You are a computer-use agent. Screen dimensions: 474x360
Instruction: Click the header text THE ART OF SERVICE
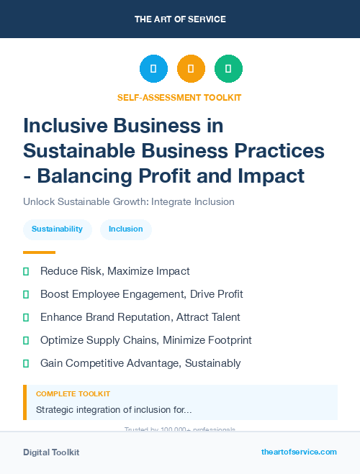tap(180, 19)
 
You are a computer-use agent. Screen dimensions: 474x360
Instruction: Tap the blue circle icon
tap(153, 68)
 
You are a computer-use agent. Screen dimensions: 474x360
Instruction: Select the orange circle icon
tap(191, 68)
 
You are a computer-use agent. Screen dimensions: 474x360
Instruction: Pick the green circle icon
tap(228, 68)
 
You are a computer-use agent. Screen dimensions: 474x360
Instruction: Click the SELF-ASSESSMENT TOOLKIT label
tap(179, 97)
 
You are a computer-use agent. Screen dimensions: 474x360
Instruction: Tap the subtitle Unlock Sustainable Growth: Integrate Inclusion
tap(129, 201)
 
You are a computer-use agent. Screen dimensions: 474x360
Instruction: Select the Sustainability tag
tap(57, 229)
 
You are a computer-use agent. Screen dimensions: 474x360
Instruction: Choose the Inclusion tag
tap(125, 229)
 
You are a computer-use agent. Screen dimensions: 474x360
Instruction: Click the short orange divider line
tap(39, 252)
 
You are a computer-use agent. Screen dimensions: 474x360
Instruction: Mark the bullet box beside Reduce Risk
tap(26, 271)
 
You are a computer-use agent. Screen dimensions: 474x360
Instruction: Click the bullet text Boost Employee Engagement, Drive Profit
tap(141, 294)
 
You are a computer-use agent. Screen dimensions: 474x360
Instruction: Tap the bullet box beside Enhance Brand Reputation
tap(26, 317)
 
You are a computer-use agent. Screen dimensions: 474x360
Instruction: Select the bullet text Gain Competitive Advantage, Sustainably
tap(140, 363)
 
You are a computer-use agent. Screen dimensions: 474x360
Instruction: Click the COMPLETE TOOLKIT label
tap(73, 394)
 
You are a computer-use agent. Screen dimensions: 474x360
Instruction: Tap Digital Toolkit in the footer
tap(51, 452)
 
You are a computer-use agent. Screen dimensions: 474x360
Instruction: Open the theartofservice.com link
tap(299, 452)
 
